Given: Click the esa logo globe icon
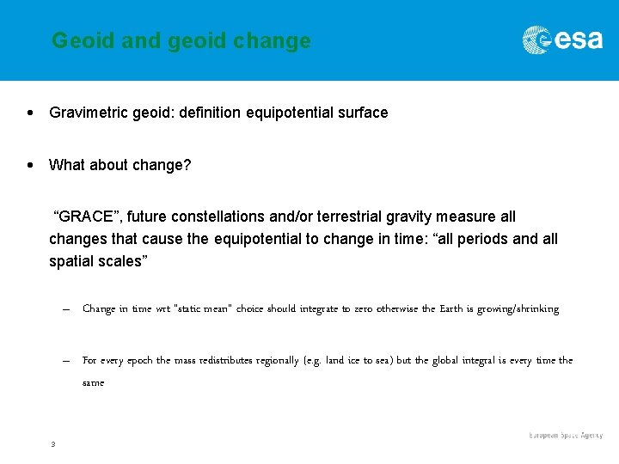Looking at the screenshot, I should [537, 40].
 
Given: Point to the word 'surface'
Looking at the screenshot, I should [362, 113].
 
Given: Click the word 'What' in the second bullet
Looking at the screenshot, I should [67, 165].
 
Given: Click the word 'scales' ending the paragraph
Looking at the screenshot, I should [120, 261].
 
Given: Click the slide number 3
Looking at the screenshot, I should [52, 444].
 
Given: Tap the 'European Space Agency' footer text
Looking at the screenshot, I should [566, 437].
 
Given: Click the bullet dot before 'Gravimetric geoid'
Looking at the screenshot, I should [31, 113].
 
